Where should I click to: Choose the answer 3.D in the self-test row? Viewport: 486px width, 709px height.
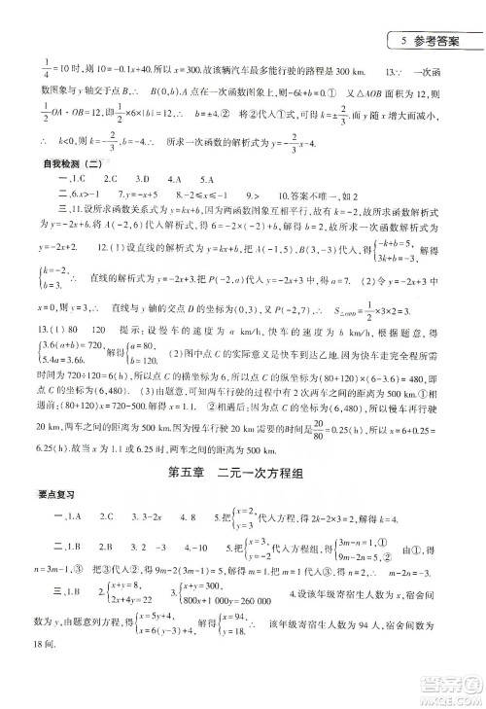[x=143, y=180]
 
